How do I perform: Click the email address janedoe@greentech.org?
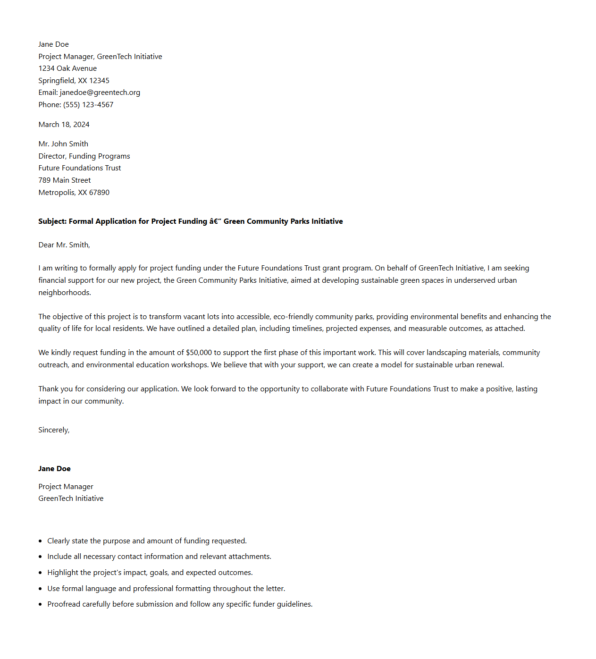100,93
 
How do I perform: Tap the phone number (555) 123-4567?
88,105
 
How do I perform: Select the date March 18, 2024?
64,125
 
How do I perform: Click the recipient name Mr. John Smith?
63,144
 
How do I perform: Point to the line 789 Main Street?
65,180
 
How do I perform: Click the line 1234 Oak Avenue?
67,68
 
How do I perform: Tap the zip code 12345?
100,81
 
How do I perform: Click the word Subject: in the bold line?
52,221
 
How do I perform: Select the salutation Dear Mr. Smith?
64,245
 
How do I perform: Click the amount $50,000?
199,353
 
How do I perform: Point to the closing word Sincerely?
54,430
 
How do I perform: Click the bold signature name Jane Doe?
54,469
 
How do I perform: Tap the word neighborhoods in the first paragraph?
64,293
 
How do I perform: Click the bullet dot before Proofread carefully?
40,604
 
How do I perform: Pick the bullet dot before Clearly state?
40,541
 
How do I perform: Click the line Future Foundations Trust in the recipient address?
80,168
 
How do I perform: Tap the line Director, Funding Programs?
84,156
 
